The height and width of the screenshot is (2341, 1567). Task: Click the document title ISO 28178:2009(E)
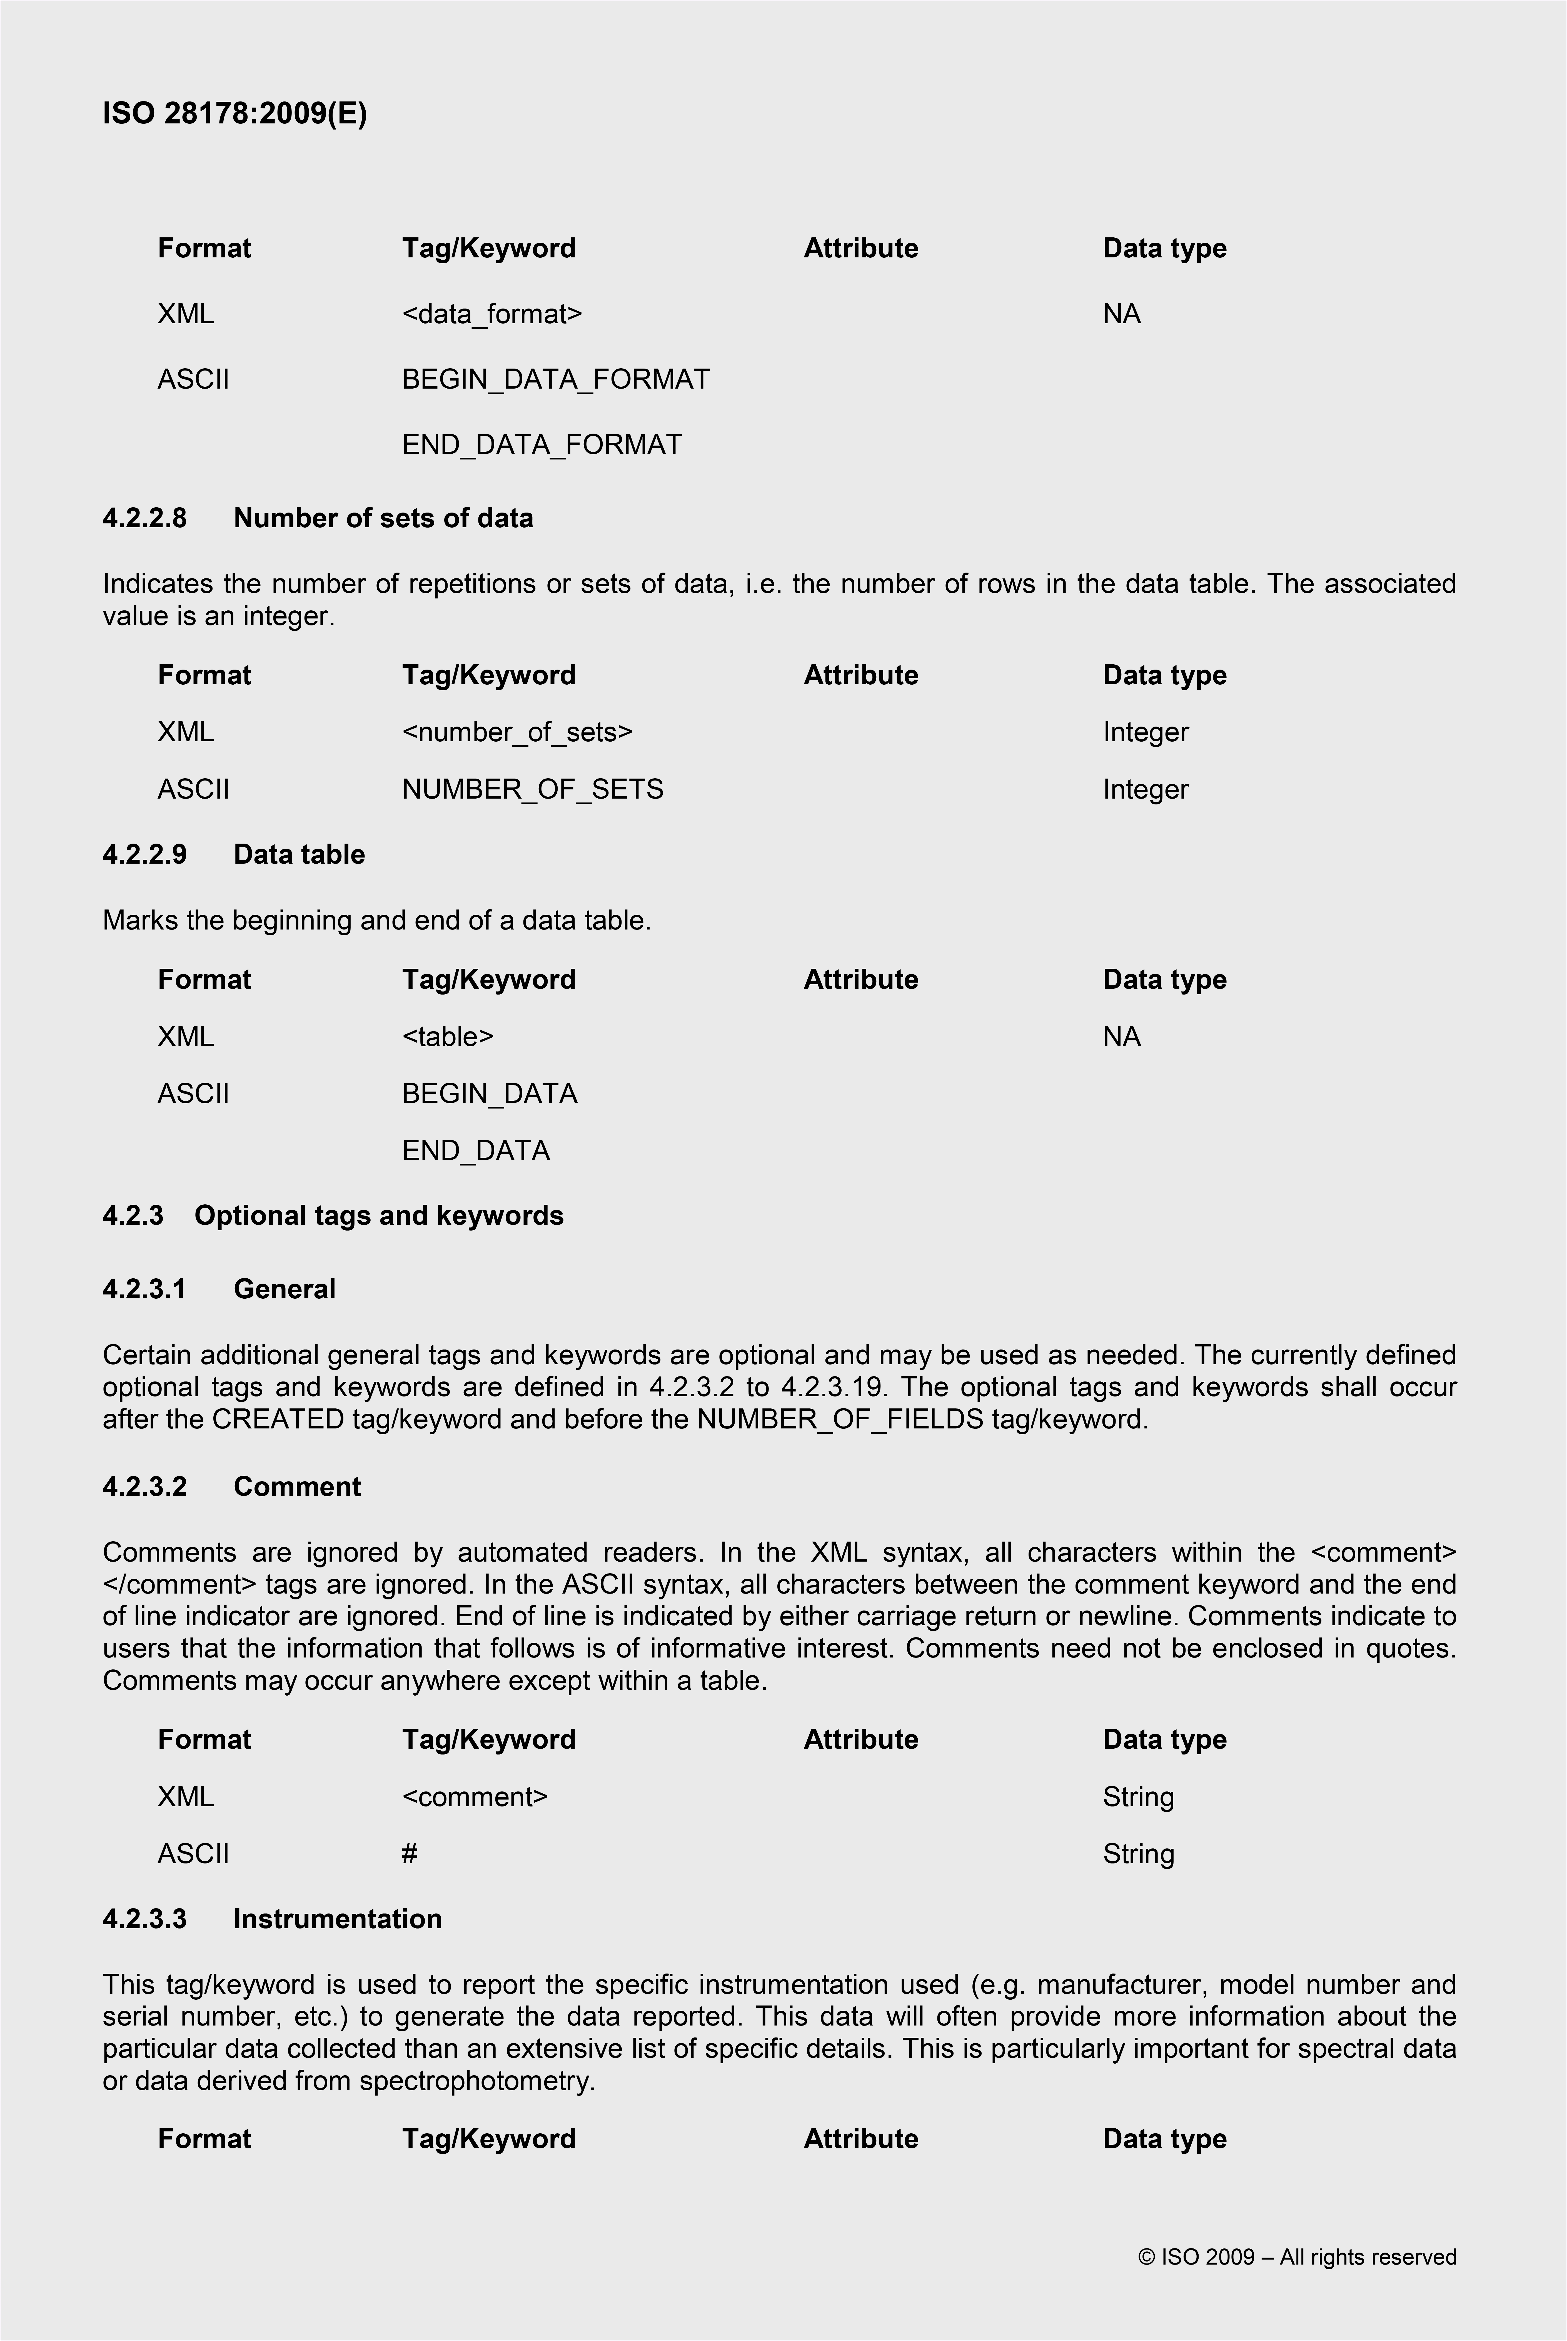coord(235,113)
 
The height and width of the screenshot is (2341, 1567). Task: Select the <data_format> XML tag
coord(492,314)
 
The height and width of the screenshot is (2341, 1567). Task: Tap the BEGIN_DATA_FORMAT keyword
coord(556,379)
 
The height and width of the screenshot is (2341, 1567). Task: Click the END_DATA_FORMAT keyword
coord(542,444)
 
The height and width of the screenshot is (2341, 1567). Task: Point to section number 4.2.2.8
coord(145,518)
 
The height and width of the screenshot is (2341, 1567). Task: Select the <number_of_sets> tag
coord(517,732)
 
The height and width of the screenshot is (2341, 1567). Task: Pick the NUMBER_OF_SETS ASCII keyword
coord(533,789)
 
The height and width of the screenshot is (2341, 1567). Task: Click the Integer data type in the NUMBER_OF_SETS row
coord(1145,789)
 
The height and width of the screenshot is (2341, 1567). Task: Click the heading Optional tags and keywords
coord(379,1216)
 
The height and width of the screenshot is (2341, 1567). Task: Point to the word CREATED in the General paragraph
coord(278,1419)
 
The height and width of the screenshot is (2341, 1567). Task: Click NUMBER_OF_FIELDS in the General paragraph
coord(840,1419)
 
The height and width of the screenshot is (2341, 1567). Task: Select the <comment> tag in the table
coord(475,1796)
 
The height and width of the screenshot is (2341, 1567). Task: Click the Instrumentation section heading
coord(338,1918)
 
